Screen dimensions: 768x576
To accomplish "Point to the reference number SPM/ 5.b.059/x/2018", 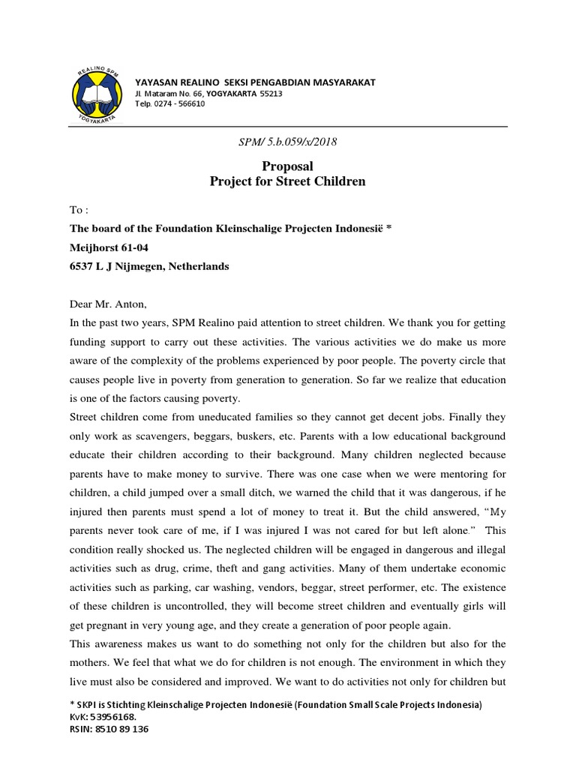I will coord(286,142).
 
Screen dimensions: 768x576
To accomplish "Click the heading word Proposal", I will coord(286,166).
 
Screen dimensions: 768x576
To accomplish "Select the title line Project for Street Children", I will coord(286,181).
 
